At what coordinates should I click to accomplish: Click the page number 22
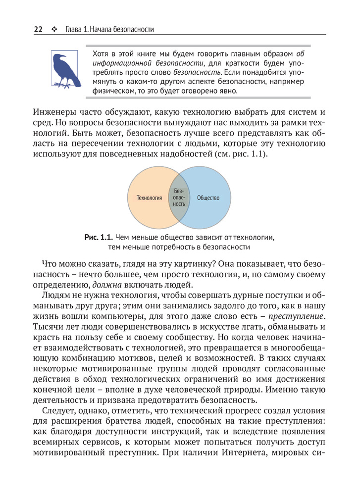(x=38, y=30)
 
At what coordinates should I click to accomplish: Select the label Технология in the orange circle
(x=149, y=198)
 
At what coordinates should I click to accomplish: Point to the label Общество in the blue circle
(x=208, y=198)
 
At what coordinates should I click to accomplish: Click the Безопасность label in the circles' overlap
(x=179, y=197)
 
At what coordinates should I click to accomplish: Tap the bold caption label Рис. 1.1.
(x=100, y=238)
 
